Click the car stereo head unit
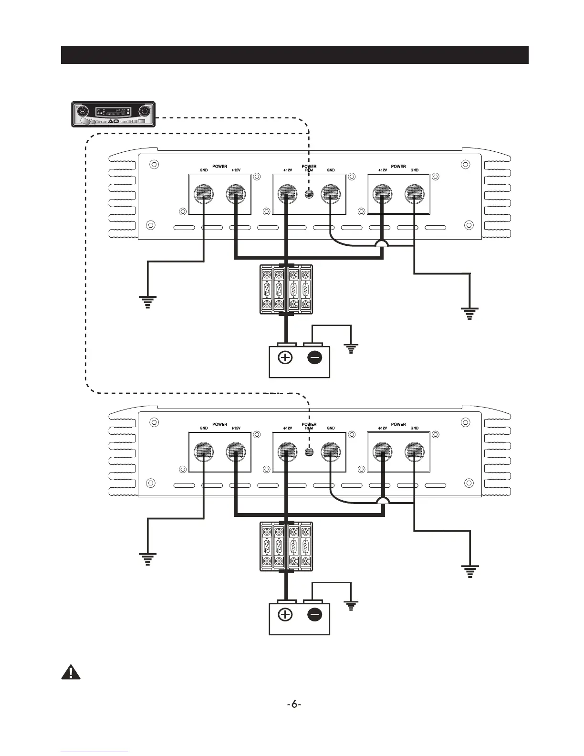(114, 114)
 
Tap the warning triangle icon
(71, 672)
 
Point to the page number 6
(294, 704)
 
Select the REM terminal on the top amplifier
(309, 194)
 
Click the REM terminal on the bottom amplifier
(309, 451)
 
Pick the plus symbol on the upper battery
(285, 357)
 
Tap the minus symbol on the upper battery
(315, 357)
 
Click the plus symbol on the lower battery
(285, 615)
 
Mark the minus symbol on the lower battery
(315, 615)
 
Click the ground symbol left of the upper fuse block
(147, 302)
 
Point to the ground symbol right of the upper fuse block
(470, 314)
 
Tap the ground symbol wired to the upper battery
(351, 349)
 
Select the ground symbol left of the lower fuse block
(147, 559)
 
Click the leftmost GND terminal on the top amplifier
(204, 194)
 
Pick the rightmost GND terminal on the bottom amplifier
(414, 451)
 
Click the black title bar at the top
(294, 55)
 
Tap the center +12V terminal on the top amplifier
(286, 194)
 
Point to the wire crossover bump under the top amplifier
(382, 243)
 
